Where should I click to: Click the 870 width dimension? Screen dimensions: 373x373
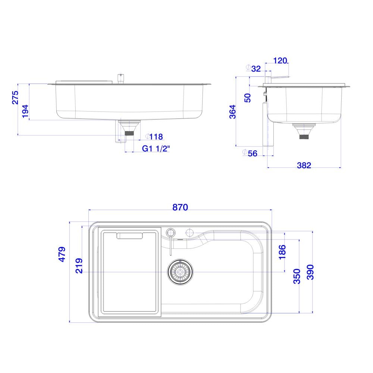180,207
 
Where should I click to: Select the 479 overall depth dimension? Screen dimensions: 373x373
62,254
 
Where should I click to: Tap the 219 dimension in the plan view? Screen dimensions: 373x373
79,266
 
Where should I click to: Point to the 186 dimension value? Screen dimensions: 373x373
282,252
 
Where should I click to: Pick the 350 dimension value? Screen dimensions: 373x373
297,276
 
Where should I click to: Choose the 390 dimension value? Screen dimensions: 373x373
310,272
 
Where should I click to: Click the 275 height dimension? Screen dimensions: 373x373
15,97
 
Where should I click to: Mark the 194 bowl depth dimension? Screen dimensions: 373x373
25,111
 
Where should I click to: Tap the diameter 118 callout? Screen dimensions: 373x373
154,137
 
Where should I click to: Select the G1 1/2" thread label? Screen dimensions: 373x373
156,149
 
